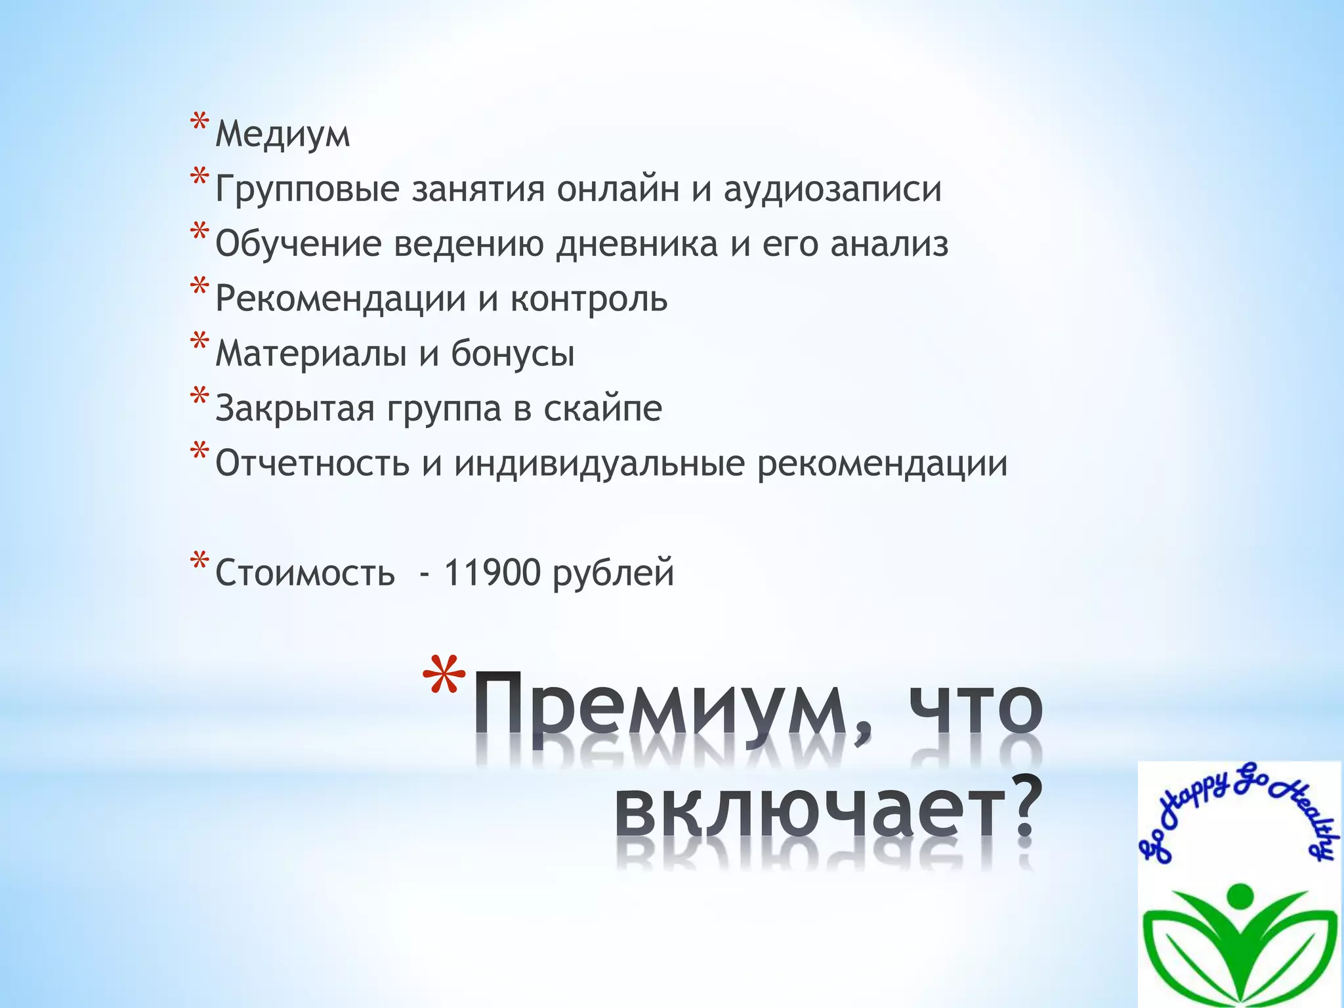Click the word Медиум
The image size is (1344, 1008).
coord(283,135)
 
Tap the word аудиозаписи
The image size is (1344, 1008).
coord(833,190)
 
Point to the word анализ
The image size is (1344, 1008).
coord(889,244)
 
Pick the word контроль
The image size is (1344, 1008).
coord(589,299)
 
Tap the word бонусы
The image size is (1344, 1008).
coord(513,354)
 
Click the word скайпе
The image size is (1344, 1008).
coord(602,409)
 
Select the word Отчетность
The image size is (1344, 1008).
coord(312,463)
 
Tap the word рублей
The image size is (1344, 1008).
coord(613,574)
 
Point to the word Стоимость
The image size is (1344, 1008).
coord(305,572)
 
